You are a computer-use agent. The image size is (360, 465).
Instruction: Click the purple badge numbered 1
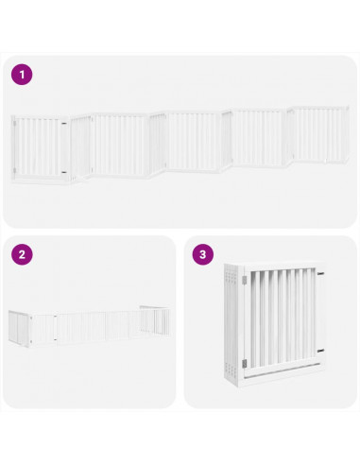(22, 75)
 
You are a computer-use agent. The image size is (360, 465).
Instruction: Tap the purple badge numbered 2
(22, 254)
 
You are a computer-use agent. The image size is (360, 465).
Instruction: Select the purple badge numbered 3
(202, 254)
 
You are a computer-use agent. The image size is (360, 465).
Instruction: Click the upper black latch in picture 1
(66, 122)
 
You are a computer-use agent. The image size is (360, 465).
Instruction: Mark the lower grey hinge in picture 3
(244, 363)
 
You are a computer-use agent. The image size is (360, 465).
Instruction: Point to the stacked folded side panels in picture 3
(232, 326)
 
